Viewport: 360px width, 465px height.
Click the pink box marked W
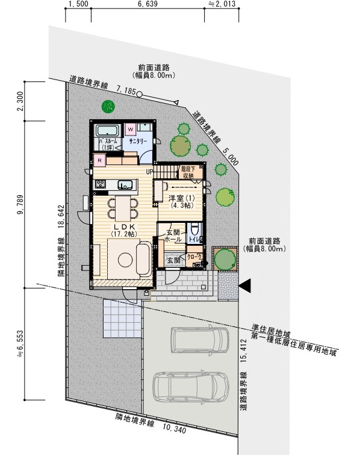click(131, 129)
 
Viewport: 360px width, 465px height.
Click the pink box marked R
click(99, 160)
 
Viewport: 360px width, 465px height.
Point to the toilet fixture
click(194, 231)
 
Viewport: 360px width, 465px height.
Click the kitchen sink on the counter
click(125, 184)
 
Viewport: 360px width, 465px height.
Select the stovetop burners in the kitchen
click(99, 184)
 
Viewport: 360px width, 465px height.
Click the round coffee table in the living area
click(125, 260)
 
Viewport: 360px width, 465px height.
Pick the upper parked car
click(199, 340)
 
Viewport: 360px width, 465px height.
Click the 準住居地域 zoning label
click(273, 331)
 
